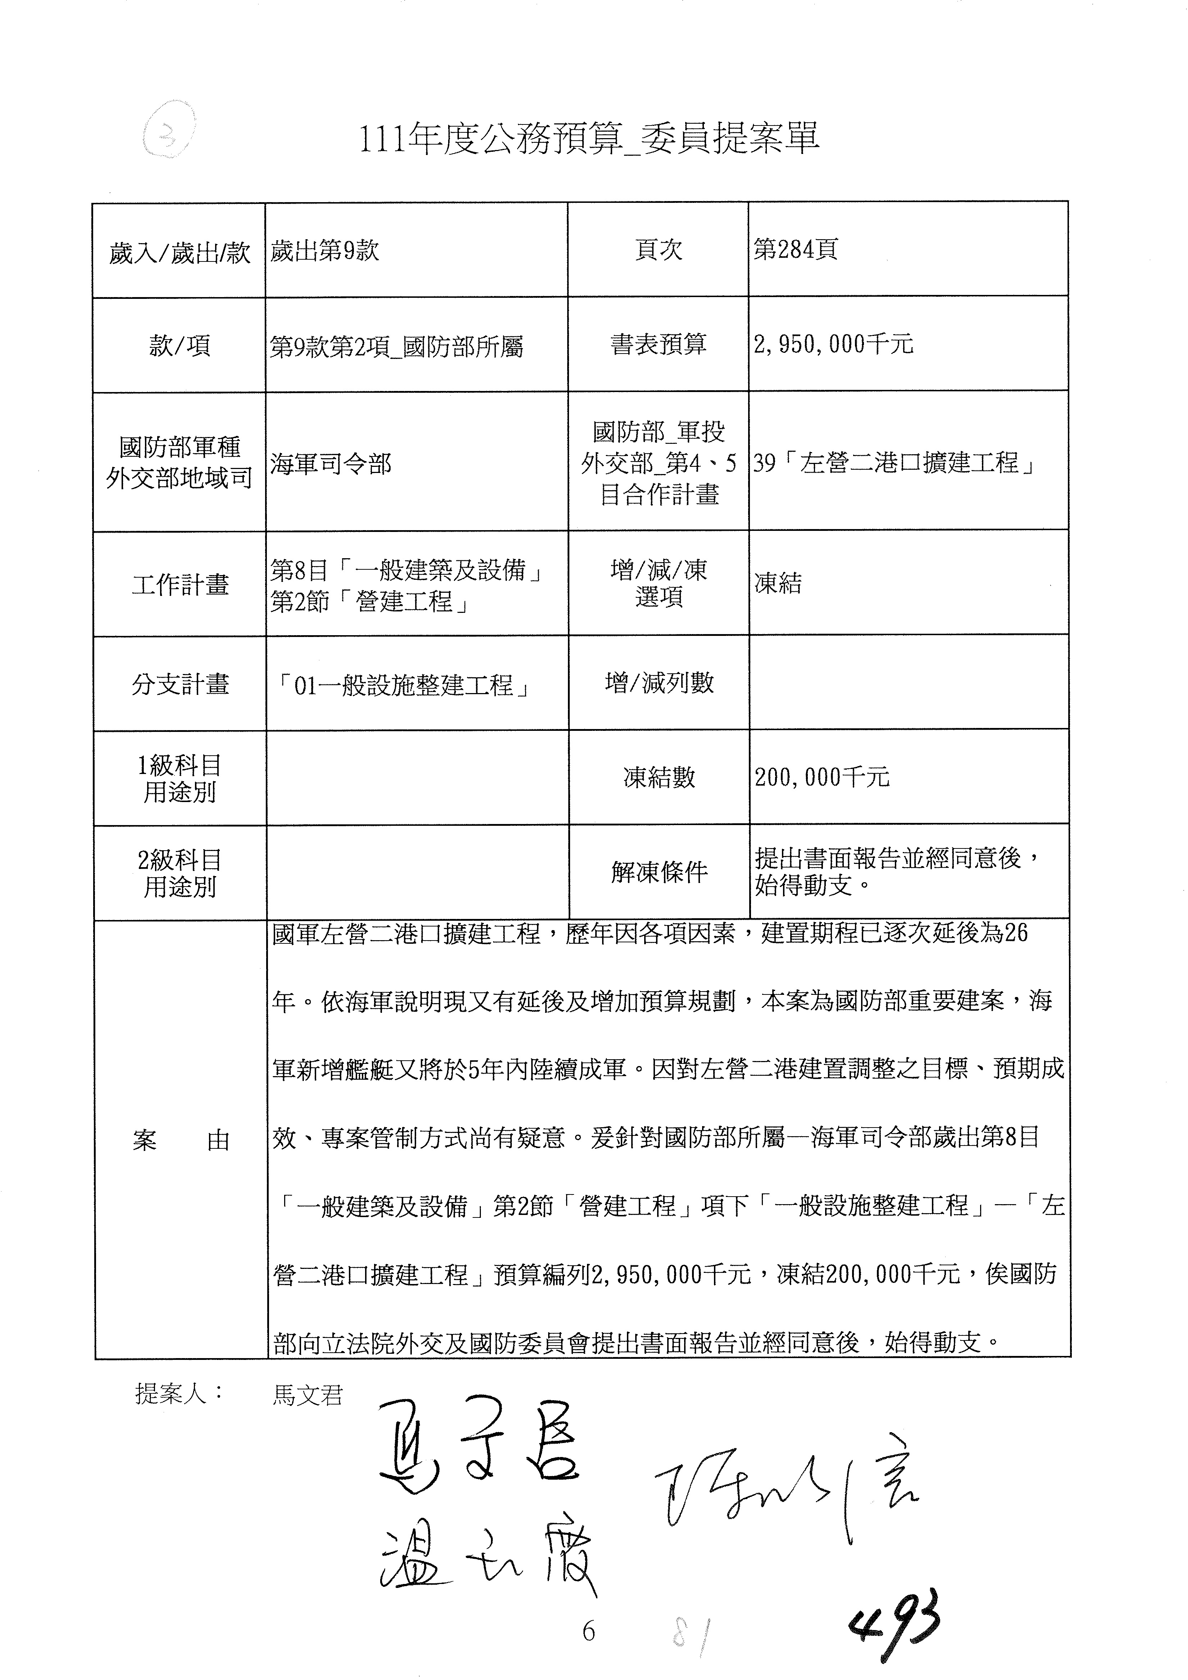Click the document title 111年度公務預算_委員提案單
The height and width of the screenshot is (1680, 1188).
point(589,137)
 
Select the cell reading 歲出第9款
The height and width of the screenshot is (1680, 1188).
point(325,251)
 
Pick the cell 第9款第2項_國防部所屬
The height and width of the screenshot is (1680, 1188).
point(396,346)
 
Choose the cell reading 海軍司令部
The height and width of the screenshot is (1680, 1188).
point(331,463)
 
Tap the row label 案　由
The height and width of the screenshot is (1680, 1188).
point(181,1140)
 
